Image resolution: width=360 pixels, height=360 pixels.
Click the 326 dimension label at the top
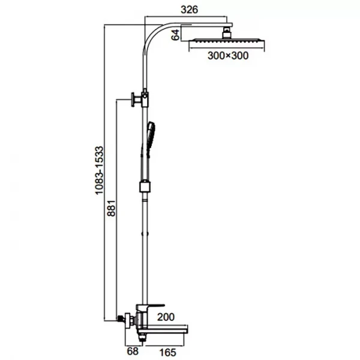(x=189, y=10)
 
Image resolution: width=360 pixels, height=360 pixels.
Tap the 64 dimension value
(x=176, y=35)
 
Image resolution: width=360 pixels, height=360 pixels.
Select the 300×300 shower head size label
(x=228, y=56)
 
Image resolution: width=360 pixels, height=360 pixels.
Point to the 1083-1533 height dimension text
(x=100, y=170)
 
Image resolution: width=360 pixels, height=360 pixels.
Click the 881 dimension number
(x=112, y=208)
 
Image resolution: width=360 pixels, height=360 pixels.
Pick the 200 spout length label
(x=166, y=317)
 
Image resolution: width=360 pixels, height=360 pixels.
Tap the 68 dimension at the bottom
(x=133, y=351)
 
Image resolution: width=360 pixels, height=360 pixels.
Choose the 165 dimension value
(x=168, y=352)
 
